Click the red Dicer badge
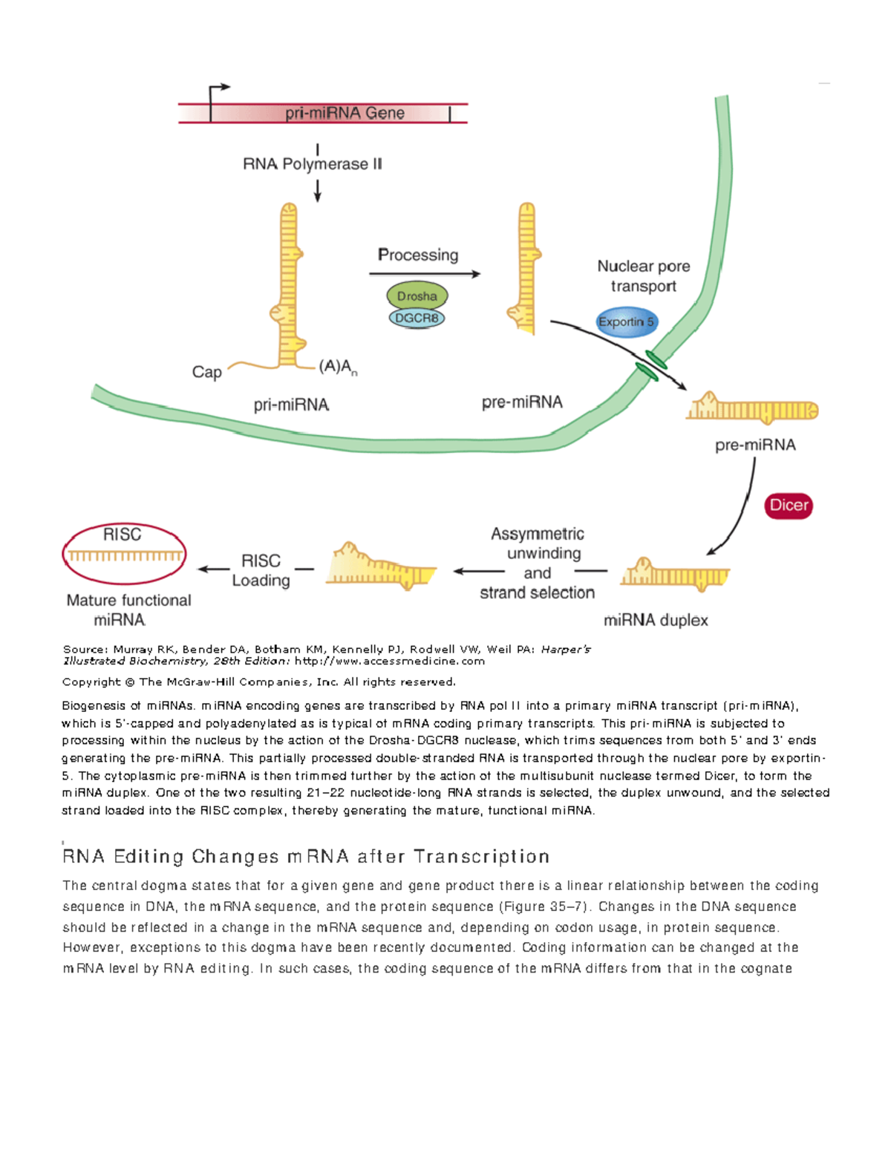[789, 506]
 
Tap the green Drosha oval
[417, 296]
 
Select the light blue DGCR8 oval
[417, 319]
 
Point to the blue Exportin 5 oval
[627, 322]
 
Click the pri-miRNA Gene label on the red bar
[345, 114]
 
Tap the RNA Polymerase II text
[313, 164]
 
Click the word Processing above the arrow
[418, 255]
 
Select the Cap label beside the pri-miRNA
[206, 372]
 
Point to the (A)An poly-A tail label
[338, 367]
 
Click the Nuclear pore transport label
[644, 276]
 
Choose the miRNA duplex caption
[656, 620]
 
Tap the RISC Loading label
[261, 570]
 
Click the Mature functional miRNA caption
[128, 610]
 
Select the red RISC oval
[124, 555]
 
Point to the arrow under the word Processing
[425, 274]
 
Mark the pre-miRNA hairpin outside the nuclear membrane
[751, 408]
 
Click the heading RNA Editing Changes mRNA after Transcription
[306, 857]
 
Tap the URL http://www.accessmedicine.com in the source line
[389, 661]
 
